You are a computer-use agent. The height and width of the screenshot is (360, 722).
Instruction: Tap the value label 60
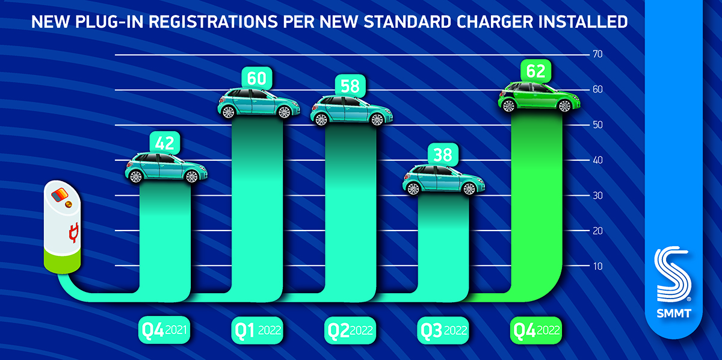(x=257, y=78)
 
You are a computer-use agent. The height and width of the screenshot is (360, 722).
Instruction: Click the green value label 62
(x=535, y=72)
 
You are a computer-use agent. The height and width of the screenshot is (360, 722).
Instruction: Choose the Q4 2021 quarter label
(x=164, y=330)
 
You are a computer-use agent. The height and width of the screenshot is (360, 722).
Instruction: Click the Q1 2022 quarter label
(x=257, y=330)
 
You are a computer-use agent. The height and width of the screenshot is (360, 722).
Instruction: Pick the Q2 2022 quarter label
(x=350, y=330)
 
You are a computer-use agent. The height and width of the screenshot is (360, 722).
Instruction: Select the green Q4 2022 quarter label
(x=535, y=330)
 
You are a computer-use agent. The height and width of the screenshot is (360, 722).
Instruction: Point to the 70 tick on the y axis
(x=597, y=54)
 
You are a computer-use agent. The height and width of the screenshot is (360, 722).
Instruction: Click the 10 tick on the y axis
(x=597, y=266)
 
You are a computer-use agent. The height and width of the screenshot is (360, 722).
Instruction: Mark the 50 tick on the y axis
(x=597, y=125)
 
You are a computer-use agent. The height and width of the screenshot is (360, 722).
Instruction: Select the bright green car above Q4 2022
(x=535, y=96)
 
